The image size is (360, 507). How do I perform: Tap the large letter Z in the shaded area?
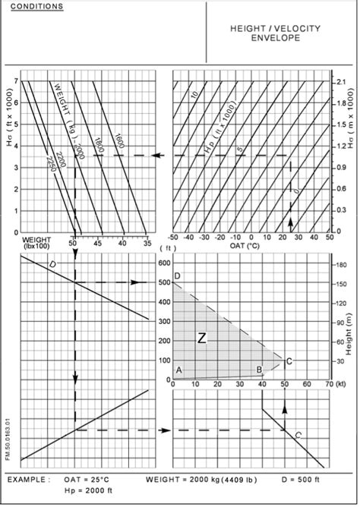(x=201, y=339)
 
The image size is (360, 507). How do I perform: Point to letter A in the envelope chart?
(x=179, y=369)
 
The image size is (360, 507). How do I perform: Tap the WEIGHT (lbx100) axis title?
(x=36, y=247)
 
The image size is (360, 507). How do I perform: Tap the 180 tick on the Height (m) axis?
(x=342, y=266)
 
